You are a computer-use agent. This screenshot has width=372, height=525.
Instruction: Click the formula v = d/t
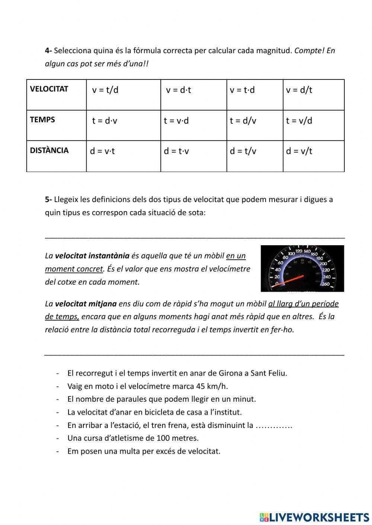tap(299, 90)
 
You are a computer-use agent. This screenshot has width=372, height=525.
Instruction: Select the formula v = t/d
tap(105, 90)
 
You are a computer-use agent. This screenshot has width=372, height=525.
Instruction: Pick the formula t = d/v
tap(243, 120)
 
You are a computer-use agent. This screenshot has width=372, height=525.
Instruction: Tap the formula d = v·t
tap(102, 151)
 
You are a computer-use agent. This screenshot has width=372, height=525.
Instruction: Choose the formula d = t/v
tap(243, 151)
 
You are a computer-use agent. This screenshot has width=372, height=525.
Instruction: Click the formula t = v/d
tap(299, 120)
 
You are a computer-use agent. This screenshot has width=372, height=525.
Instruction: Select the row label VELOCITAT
tap(49, 89)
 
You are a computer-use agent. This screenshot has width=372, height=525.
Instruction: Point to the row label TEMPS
tap(42, 120)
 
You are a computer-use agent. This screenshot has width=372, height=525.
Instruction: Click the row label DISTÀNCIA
tap(49, 150)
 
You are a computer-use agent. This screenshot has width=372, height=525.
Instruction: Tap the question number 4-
tap(48, 51)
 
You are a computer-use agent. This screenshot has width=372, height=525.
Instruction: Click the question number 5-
tap(48, 200)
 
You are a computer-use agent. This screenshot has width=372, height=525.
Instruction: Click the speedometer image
tap(302, 268)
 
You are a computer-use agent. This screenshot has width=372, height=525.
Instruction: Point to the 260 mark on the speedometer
tap(326, 284)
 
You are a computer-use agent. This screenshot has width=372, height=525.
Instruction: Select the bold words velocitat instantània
tap(92, 256)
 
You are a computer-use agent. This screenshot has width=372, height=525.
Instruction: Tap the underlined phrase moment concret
tap(74, 269)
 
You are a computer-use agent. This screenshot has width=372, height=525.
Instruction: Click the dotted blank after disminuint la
tap(274, 425)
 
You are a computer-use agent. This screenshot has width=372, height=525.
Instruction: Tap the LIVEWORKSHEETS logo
tap(314, 517)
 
